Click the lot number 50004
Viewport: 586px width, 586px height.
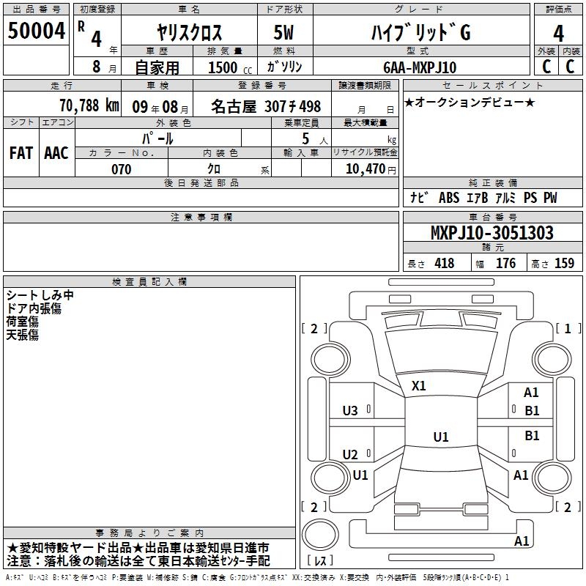coord(36,31)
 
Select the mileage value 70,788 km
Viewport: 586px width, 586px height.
coord(89,105)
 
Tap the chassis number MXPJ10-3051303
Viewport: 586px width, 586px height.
coord(492,233)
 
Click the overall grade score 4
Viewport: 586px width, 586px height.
coord(558,34)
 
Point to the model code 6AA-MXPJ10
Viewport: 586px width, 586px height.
coord(420,67)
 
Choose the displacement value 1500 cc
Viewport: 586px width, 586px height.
coord(230,67)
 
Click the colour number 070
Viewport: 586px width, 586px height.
coord(122,169)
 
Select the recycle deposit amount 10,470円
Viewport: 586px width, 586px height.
coord(371,169)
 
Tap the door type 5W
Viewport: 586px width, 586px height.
coord(283,32)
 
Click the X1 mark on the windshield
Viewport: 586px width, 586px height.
coord(418,386)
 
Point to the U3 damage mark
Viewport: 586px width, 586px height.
coord(350,411)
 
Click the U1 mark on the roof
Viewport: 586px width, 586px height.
coord(441,437)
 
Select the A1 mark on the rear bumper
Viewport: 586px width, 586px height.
coord(522,541)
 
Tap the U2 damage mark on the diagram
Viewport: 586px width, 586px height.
coord(350,454)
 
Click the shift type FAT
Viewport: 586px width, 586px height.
coord(21,153)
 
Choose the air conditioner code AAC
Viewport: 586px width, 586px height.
coord(56,153)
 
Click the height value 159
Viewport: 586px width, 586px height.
coord(564,264)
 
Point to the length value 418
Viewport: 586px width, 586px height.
coord(445,264)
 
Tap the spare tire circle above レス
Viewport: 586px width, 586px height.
coord(320,535)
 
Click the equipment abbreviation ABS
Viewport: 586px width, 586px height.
coord(449,198)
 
